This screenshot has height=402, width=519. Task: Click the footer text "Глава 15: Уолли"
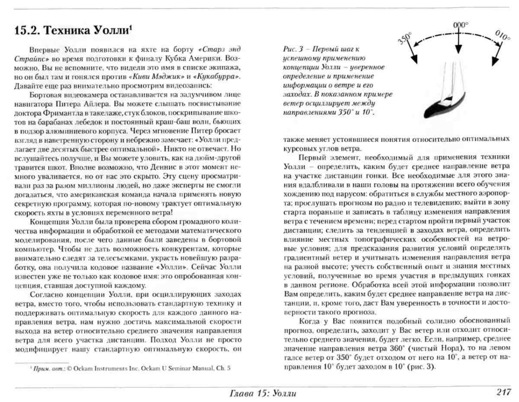pos(263,393)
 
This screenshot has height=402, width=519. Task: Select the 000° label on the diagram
pos(460,25)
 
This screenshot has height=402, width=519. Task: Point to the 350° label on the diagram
pos(405,38)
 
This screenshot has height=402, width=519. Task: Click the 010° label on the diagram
pos(503,36)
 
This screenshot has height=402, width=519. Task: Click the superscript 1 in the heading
pos(131,27)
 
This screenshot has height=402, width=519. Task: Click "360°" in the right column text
pos(397,348)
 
